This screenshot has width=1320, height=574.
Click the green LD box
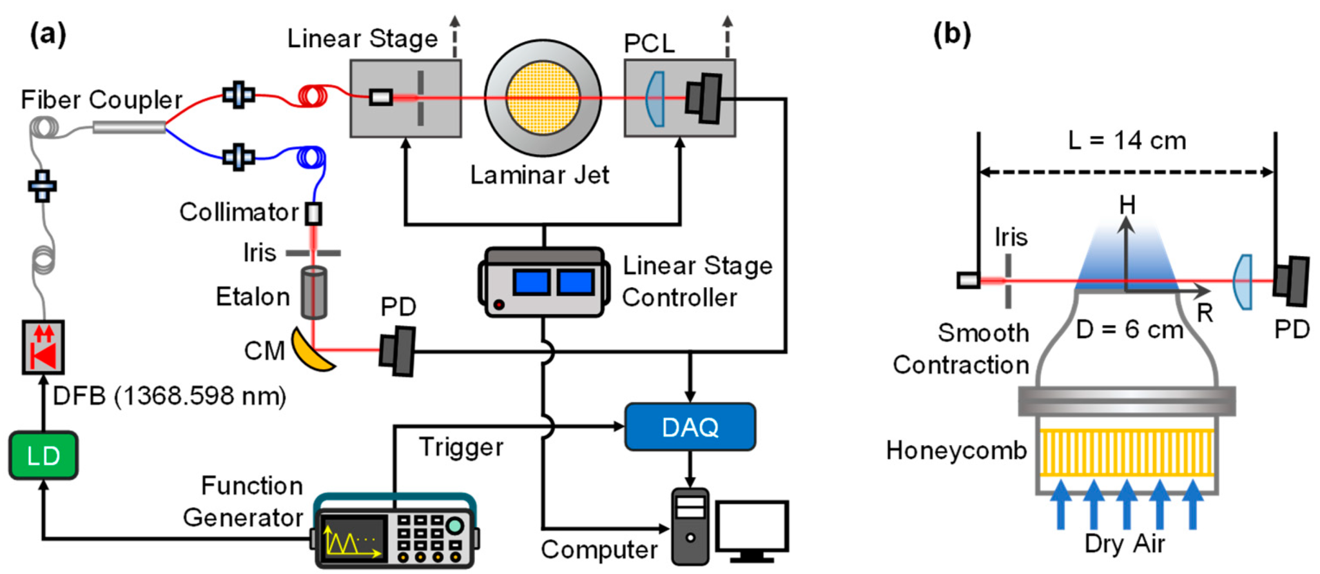click(x=43, y=456)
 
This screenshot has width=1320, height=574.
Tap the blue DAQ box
click(x=690, y=427)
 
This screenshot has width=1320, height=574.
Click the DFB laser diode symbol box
click(x=43, y=347)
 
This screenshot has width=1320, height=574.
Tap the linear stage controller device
click(x=543, y=282)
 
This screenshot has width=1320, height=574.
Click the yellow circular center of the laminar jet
click(x=543, y=98)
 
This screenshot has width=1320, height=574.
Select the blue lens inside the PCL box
click(x=655, y=99)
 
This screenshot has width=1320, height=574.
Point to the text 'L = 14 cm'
click(x=1127, y=141)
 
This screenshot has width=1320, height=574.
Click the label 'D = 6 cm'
click(x=1129, y=330)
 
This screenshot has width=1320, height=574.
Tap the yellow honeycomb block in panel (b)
click(x=1127, y=453)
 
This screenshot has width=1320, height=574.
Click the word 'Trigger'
click(x=461, y=447)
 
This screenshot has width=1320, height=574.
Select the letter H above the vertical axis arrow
click(x=1127, y=205)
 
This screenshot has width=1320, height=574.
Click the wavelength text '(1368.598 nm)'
click(x=200, y=395)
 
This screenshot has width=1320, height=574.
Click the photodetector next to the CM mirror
click(x=397, y=351)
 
